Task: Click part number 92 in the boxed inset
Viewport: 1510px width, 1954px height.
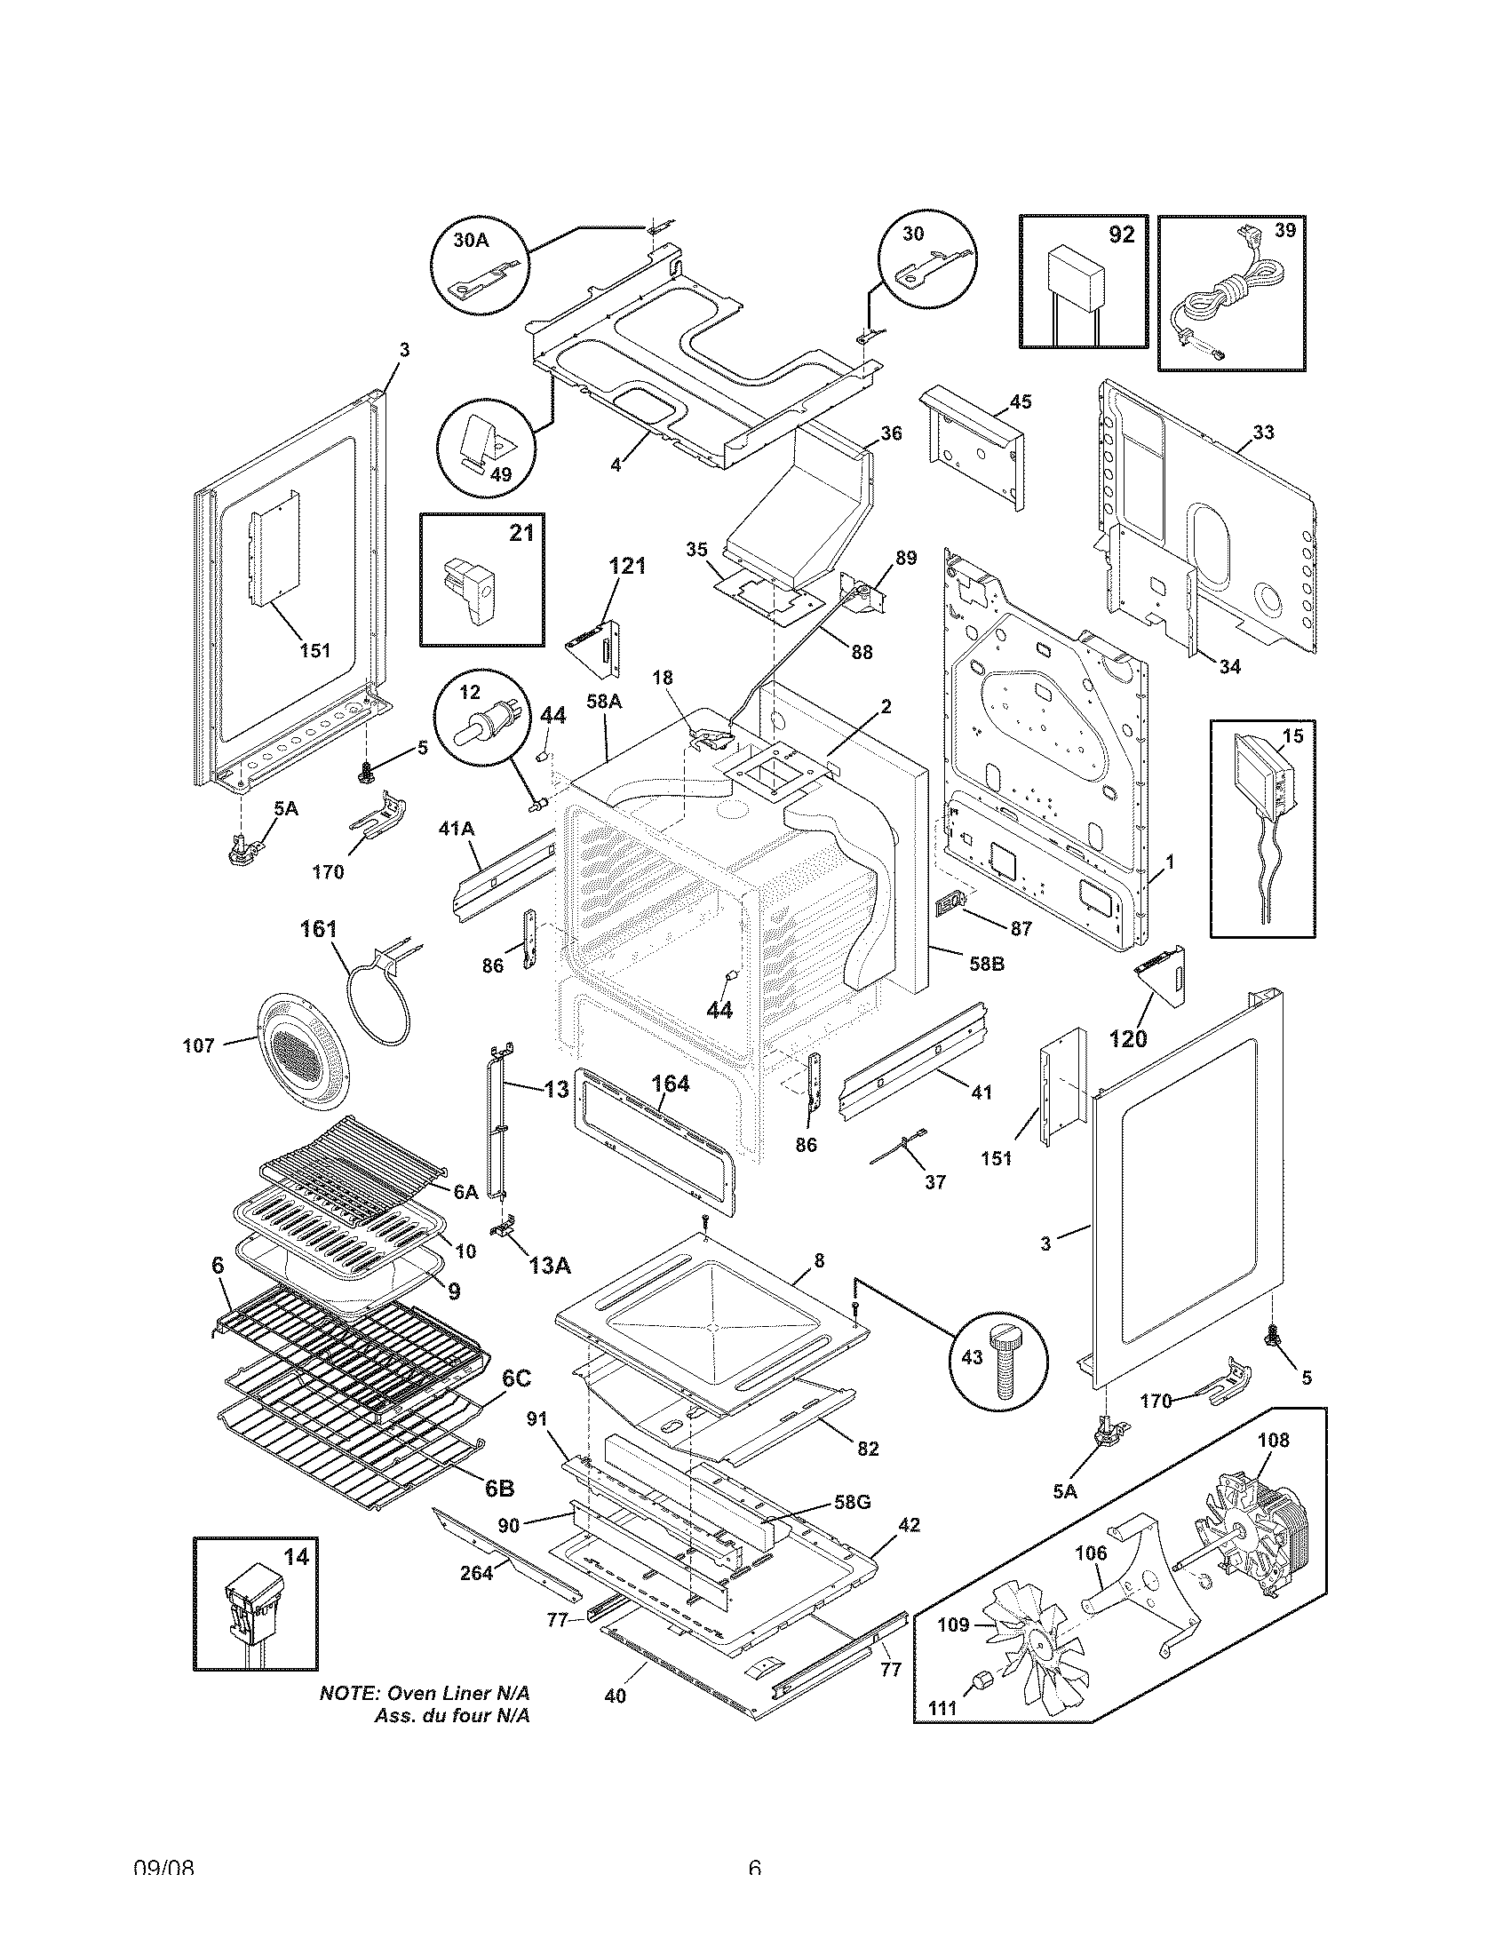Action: (x=1120, y=234)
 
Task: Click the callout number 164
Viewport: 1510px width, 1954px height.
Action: (x=670, y=1084)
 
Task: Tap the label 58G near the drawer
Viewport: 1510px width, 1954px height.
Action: (x=852, y=1502)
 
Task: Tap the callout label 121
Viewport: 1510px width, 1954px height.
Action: (x=627, y=566)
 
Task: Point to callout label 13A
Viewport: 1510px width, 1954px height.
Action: (x=548, y=1265)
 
